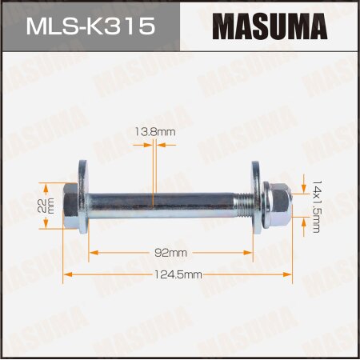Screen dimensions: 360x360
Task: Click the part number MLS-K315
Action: (90, 27)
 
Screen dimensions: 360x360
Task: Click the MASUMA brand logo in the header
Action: (269, 27)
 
